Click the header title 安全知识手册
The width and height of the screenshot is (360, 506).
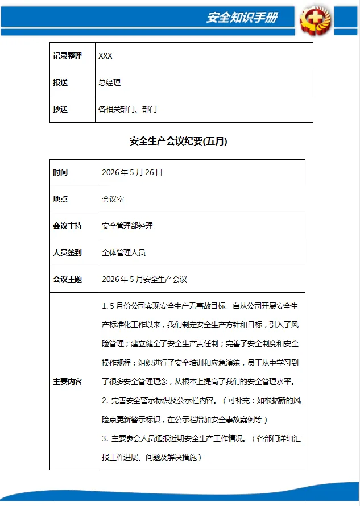click(x=241, y=18)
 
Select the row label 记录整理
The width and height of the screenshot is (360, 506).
click(x=67, y=56)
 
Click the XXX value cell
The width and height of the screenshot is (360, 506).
click(x=105, y=56)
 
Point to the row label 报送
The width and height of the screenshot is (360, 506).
click(x=60, y=82)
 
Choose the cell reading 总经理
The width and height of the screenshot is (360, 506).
click(x=109, y=82)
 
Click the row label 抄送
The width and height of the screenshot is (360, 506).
click(x=60, y=109)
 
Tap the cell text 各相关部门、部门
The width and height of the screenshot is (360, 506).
click(x=127, y=109)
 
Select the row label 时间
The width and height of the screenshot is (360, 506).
click(x=60, y=173)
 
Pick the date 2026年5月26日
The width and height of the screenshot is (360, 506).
click(x=132, y=173)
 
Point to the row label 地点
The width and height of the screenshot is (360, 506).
click(x=60, y=200)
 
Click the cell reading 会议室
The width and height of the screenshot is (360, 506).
click(x=113, y=200)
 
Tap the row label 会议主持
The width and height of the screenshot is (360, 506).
click(x=67, y=226)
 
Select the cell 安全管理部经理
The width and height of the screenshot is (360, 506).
click(x=127, y=226)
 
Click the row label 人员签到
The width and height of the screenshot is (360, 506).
click(x=67, y=252)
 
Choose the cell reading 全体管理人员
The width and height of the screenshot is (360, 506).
click(x=123, y=252)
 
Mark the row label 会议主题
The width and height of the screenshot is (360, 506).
click(x=67, y=279)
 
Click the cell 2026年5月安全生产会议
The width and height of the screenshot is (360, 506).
click(x=144, y=279)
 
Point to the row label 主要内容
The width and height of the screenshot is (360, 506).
click(x=67, y=381)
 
